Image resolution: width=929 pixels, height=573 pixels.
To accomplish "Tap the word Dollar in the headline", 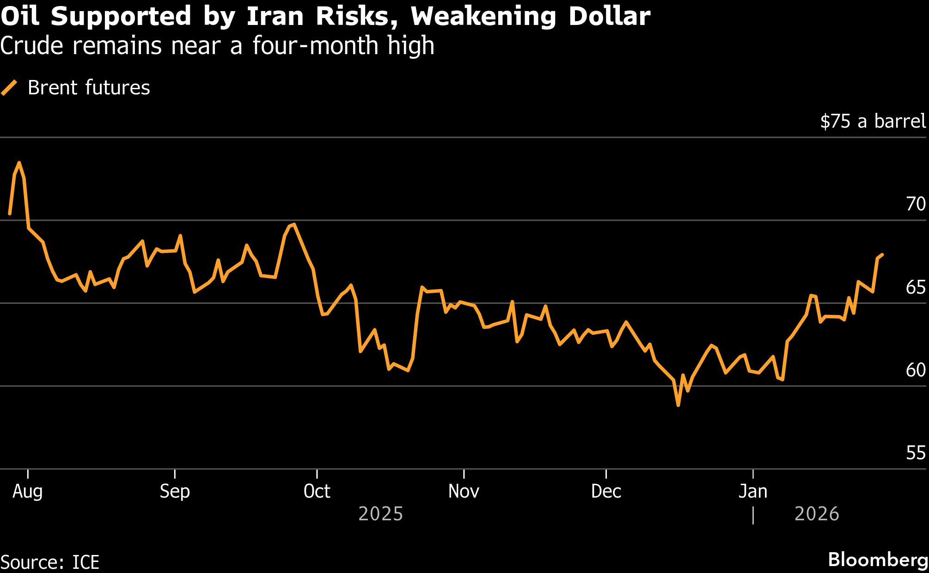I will [x=609, y=17].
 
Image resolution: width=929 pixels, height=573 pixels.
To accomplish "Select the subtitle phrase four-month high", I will [x=343, y=46].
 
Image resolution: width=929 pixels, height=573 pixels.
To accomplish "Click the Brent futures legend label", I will [x=89, y=88].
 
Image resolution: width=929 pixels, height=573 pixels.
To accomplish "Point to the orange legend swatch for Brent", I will [x=9, y=88].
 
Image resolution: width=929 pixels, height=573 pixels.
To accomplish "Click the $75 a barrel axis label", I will [x=873, y=121].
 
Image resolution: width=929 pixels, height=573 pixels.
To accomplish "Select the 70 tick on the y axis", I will [x=916, y=204].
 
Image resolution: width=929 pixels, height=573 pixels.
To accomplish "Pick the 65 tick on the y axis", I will [x=916, y=287].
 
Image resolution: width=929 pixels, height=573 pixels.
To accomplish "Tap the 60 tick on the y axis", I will [x=916, y=370].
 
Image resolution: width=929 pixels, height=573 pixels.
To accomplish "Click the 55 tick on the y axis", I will [x=916, y=453].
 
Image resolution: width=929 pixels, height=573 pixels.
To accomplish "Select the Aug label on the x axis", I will [x=28, y=491].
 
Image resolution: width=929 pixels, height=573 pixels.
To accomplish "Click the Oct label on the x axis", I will [x=317, y=491].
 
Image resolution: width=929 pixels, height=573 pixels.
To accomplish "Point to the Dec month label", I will [x=605, y=491].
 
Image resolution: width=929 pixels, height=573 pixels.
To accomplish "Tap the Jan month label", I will [x=752, y=491].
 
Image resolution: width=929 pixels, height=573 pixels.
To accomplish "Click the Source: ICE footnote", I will [x=50, y=562].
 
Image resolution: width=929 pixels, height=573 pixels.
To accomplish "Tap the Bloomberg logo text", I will [x=878, y=560].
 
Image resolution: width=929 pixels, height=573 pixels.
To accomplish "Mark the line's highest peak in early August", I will [x=19, y=163].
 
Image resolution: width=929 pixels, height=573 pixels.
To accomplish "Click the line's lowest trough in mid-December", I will [x=678, y=406].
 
